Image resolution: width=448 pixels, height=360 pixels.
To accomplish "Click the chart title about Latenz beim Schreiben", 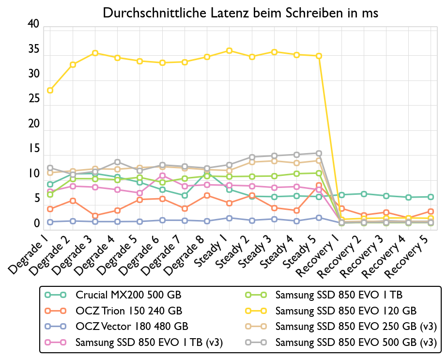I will click(240, 13).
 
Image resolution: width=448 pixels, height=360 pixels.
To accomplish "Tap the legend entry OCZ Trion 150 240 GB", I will click(129, 310).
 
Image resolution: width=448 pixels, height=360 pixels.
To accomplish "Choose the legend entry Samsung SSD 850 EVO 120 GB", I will click(346, 310).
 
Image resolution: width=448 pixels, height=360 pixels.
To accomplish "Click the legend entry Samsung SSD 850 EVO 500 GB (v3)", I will click(356, 342).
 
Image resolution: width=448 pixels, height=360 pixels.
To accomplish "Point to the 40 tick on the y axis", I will click(33, 24).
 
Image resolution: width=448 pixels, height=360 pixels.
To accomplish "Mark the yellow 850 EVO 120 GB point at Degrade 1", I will click(50, 90).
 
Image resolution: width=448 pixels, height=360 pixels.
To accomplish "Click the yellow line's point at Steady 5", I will click(319, 56).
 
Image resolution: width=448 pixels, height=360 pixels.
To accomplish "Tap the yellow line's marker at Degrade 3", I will click(95, 53).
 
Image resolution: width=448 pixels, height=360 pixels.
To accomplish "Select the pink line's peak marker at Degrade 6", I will click(162, 175).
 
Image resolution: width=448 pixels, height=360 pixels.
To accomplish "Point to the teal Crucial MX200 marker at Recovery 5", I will click(431, 197).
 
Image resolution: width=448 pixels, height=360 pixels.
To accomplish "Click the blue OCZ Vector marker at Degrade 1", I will click(50, 222).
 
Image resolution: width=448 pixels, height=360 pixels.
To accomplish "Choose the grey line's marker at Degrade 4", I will click(117, 162).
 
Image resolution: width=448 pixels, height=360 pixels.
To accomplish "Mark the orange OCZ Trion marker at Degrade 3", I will click(95, 216).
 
